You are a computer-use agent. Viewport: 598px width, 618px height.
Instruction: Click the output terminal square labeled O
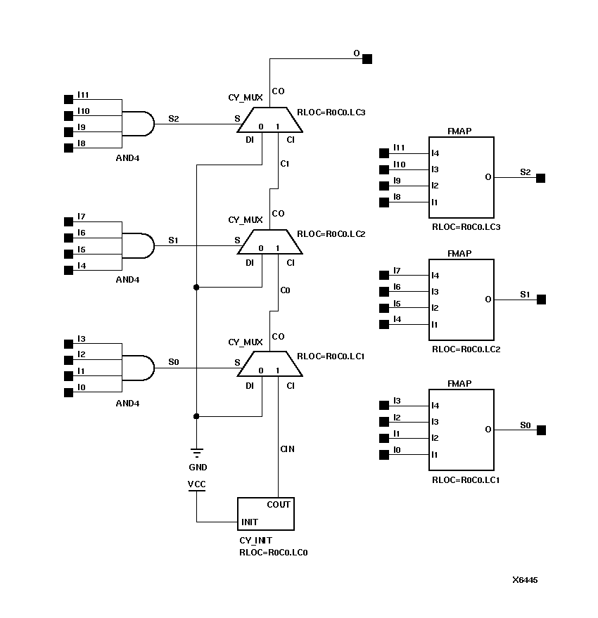[367, 59]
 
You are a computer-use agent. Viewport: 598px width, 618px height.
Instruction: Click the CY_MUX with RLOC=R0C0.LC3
[270, 120]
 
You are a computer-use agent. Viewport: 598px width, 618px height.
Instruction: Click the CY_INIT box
[265, 514]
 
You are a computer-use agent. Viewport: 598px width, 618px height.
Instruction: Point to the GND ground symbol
[197, 454]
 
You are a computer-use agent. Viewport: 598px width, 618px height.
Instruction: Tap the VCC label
[197, 484]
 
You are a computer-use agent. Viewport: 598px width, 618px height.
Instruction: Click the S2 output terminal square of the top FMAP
[540, 179]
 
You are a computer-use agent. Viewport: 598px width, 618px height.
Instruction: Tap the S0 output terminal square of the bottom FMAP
[540, 430]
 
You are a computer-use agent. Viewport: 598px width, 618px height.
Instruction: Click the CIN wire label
[287, 449]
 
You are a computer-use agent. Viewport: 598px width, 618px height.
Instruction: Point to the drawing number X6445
[525, 580]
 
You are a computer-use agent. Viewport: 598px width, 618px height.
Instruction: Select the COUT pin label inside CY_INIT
[278, 505]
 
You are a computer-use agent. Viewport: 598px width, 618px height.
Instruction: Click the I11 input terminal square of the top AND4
[68, 99]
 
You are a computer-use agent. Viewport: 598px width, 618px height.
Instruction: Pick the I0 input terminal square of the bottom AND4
[68, 392]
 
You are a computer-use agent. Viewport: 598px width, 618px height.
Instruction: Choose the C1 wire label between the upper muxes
[285, 164]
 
